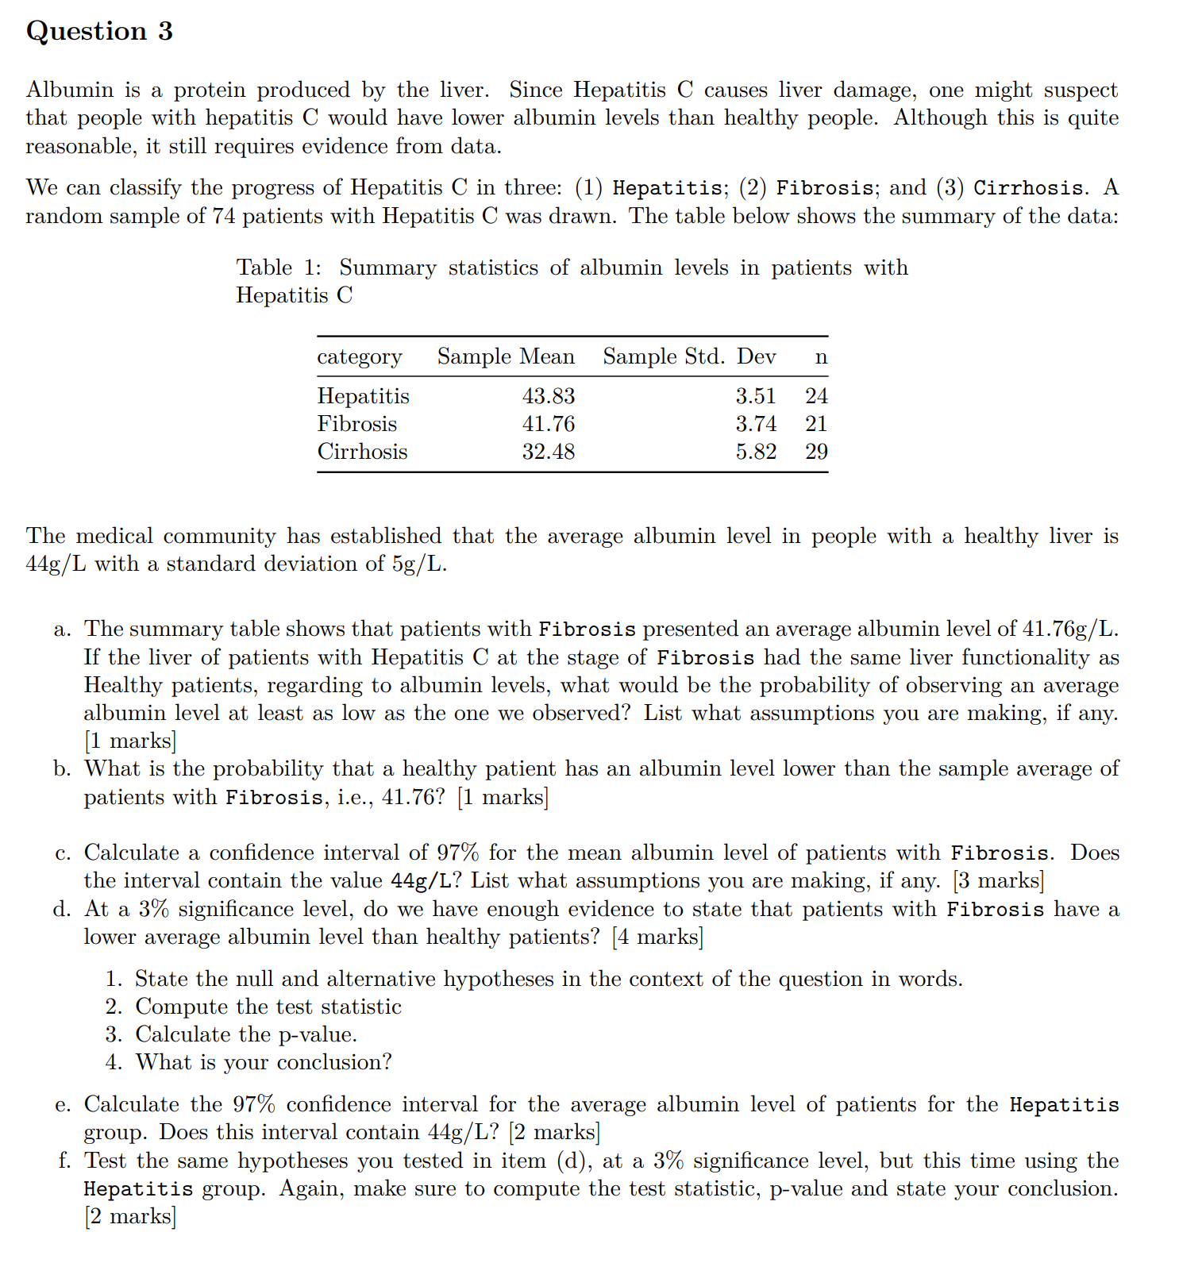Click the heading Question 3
(x=99, y=31)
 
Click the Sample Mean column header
(x=506, y=356)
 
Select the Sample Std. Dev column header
(x=688, y=356)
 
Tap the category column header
(x=359, y=357)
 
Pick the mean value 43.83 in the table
(x=548, y=396)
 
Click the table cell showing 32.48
(x=548, y=452)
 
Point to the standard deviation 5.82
(x=755, y=452)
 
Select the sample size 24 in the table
(x=815, y=396)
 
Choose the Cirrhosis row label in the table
(x=362, y=452)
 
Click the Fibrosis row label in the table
(x=356, y=424)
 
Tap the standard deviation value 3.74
(x=755, y=424)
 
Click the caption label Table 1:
(x=279, y=268)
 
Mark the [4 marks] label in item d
(x=657, y=938)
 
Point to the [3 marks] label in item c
(x=998, y=881)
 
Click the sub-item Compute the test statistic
(x=268, y=1007)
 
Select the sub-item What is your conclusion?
(x=264, y=1062)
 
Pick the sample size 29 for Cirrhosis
(x=815, y=452)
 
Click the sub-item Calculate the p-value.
(x=246, y=1034)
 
